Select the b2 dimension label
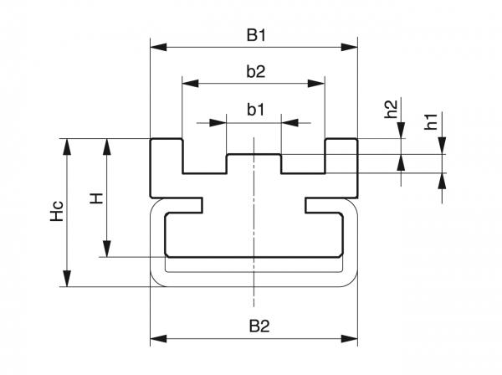[255, 72]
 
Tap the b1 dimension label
[255, 110]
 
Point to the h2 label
[391, 110]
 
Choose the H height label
[96, 198]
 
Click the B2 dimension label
[255, 325]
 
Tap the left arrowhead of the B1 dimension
[156, 47]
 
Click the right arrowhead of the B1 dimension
[352, 47]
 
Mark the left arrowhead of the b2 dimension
[188, 84]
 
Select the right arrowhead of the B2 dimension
[352, 339]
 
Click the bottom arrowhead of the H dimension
[106, 251]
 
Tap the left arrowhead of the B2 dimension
[156, 339]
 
